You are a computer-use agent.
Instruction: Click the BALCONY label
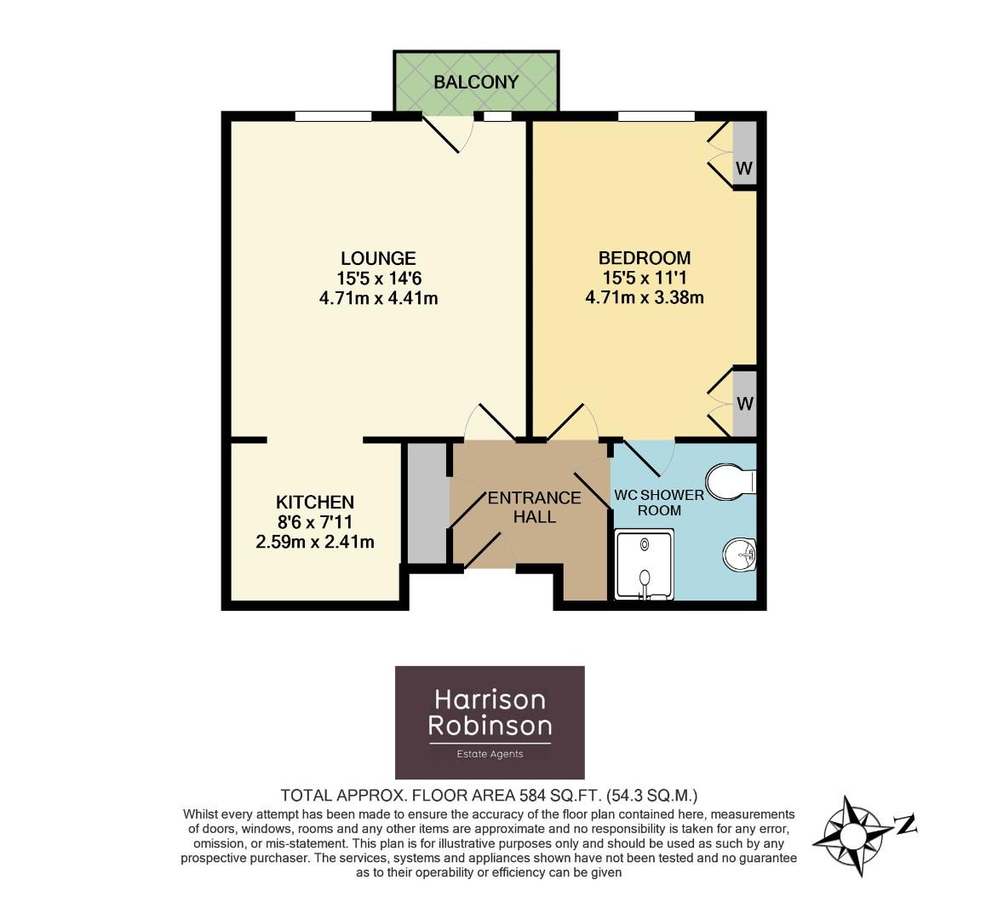click(x=475, y=83)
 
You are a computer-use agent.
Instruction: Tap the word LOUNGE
click(x=378, y=258)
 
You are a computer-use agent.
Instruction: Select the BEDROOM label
click(x=644, y=258)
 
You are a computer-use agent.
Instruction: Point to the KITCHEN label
click(x=314, y=502)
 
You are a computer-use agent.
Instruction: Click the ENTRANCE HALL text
click(x=534, y=507)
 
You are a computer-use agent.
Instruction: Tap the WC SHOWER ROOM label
click(x=659, y=503)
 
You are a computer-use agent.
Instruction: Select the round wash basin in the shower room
click(x=739, y=555)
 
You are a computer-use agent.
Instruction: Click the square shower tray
click(x=645, y=564)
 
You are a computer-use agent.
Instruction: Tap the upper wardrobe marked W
click(x=743, y=154)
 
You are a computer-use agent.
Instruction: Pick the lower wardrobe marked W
click(x=744, y=402)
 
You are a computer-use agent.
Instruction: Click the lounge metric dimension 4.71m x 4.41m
click(x=378, y=298)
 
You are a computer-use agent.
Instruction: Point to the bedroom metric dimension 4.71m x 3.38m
click(x=644, y=298)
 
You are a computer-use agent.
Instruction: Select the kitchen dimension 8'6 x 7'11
click(x=314, y=521)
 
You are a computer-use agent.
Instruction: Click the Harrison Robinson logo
click(x=490, y=722)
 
